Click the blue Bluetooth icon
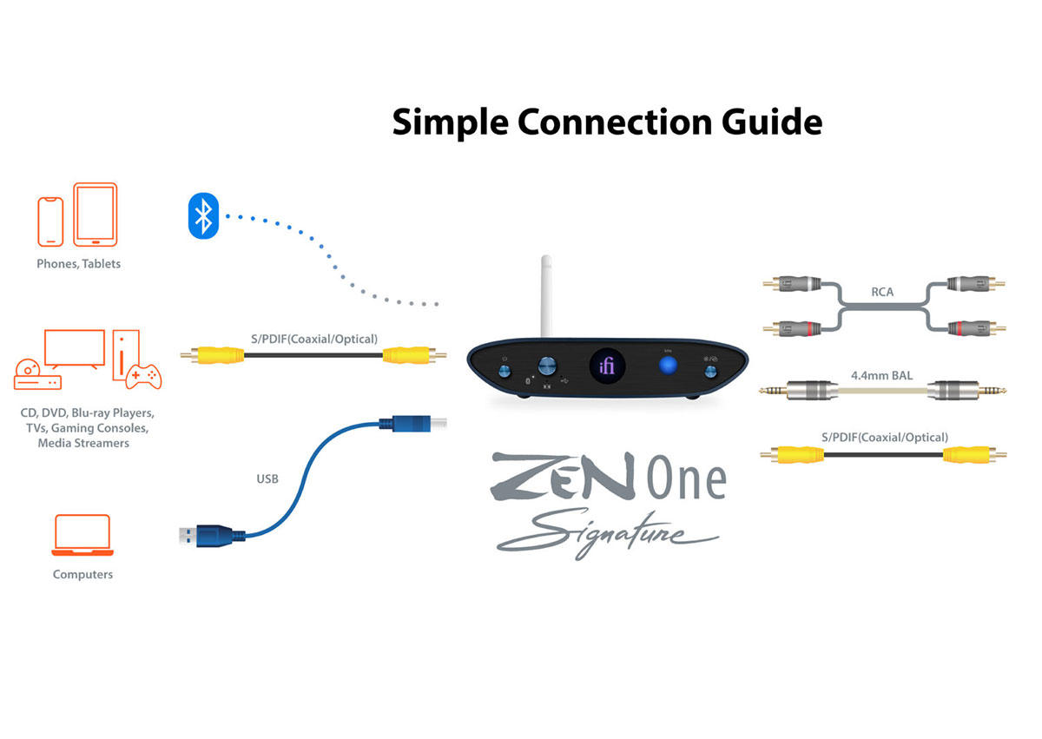tap(203, 215)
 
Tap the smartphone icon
tap(50, 221)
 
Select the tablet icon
tap(95, 214)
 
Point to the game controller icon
tap(143, 376)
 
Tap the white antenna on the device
tap(546, 295)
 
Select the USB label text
tap(267, 478)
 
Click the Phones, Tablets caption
tap(78, 264)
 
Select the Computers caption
tap(82, 574)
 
